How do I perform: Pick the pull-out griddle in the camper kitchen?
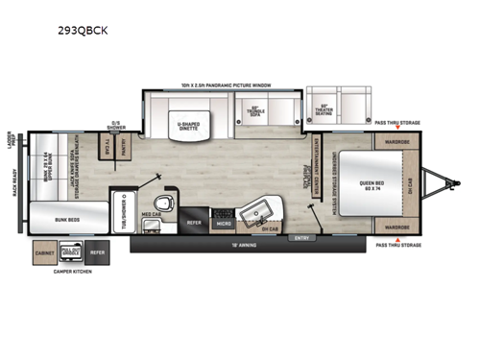(68, 252)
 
